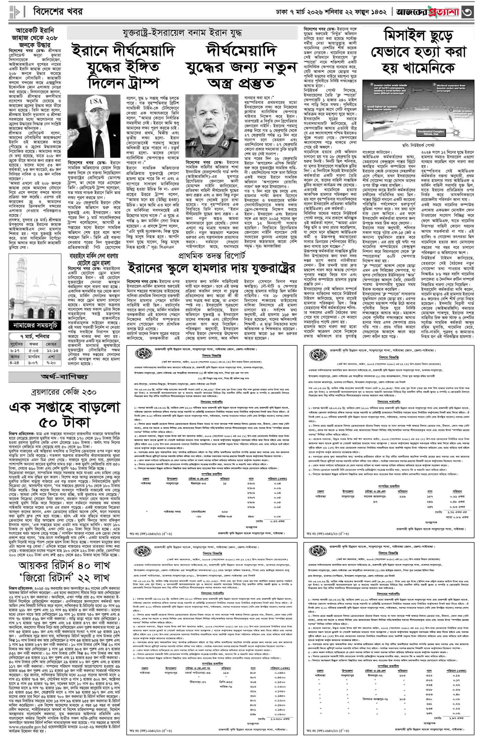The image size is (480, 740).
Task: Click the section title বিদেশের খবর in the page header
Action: pos(58,12)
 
